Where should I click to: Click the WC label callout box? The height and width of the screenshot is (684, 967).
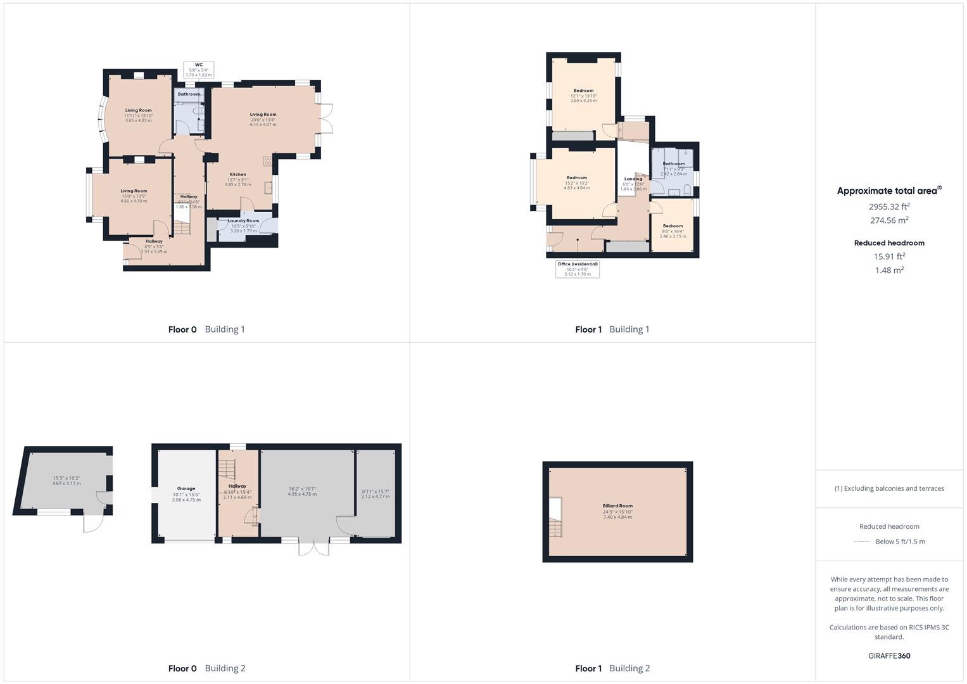pos(199,70)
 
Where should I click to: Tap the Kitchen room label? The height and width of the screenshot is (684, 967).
pos(237,174)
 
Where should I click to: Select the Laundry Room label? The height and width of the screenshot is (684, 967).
pos(244,221)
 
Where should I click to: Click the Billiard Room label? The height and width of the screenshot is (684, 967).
pos(617,506)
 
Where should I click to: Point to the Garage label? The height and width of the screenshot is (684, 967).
pos(186,489)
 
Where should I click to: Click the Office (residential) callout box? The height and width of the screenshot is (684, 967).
pos(578,269)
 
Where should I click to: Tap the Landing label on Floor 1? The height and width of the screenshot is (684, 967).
pos(633,179)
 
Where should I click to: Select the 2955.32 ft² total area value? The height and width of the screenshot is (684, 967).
pos(889,206)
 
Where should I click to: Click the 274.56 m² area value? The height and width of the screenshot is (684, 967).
pos(889,220)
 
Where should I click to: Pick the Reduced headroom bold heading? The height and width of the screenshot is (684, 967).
pos(889,243)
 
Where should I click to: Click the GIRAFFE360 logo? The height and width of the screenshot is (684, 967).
pos(889,655)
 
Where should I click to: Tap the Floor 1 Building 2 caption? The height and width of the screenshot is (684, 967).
pos(612,668)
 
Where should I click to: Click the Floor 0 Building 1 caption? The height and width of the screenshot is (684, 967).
pos(206,329)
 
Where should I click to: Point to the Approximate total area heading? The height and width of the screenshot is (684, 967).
pos(888,191)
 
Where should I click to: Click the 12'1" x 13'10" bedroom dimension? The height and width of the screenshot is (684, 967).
pos(583,96)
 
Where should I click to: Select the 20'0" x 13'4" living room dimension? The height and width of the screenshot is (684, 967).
pos(263,120)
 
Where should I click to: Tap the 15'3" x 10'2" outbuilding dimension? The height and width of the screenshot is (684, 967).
pos(66,478)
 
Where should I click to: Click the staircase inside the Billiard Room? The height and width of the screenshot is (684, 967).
pos(555,526)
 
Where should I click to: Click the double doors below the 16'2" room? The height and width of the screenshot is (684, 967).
pos(313,548)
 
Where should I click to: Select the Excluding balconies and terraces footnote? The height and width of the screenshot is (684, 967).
pos(889,488)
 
